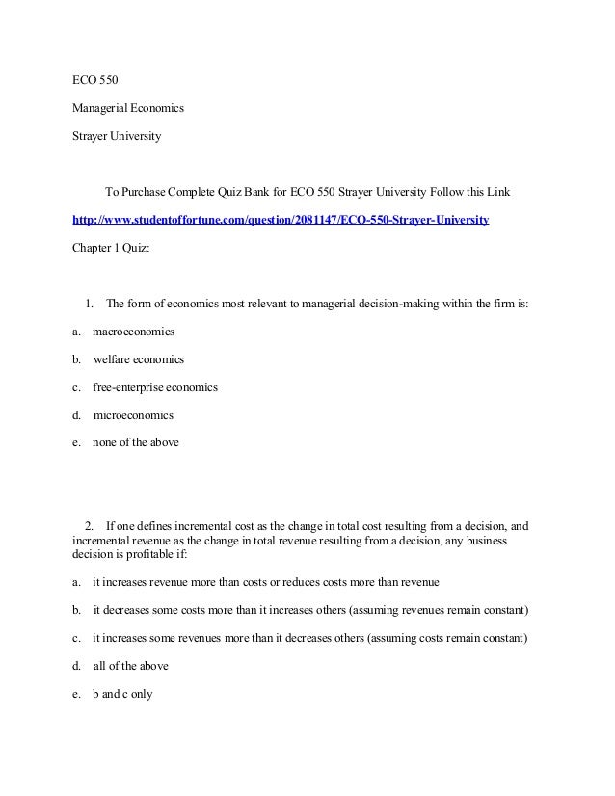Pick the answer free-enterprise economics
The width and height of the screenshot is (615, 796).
(x=155, y=387)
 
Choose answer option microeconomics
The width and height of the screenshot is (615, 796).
(x=133, y=416)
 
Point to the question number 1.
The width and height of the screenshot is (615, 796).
(x=89, y=305)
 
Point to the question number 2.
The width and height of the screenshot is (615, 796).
(x=89, y=525)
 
